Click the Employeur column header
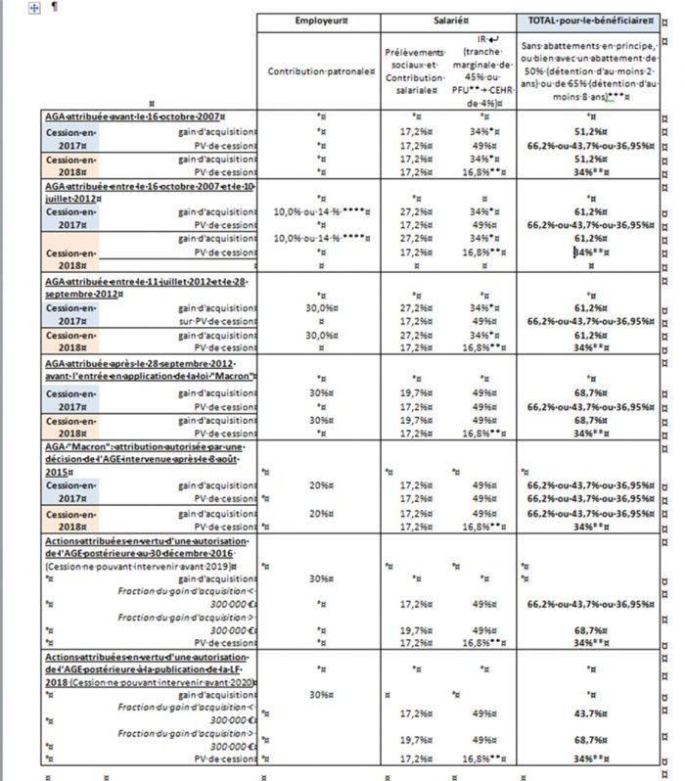point(318,21)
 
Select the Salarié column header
point(448,21)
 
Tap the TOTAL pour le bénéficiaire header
point(587,21)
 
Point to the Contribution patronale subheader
point(318,71)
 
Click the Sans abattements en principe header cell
point(587,71)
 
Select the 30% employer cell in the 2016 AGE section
point(318,578)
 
